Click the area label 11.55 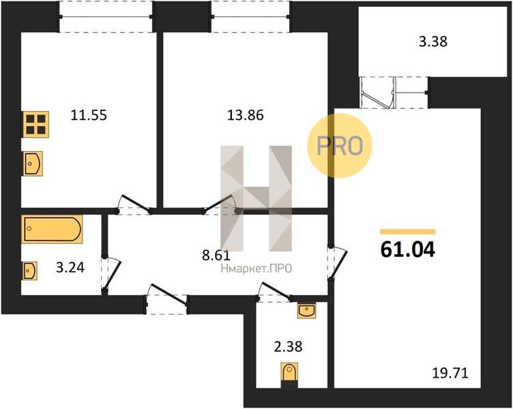(x=89, y=115)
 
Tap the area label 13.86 (x=246, y=115)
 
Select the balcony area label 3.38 (x=433, y=42)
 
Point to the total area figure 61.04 (x=408, y=250)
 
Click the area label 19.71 (x=450, y=373)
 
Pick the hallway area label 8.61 (x=216, y=256)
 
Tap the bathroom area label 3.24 (x=70, y=267)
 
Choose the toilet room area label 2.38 (x=288, y=346)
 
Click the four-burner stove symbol (x=35, y=124)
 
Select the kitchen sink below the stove (x=32, y=164)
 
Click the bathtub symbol (x=52, y=229)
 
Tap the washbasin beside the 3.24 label (x=30, y=271)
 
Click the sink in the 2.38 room (x=307, y=310)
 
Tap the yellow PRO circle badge (x=340, y=146)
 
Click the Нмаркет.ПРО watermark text (x=256, y=269)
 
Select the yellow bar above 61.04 (x=408, y=232)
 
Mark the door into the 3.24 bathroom (x=111, y=273)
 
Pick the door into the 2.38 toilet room (x=274, y=292)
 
